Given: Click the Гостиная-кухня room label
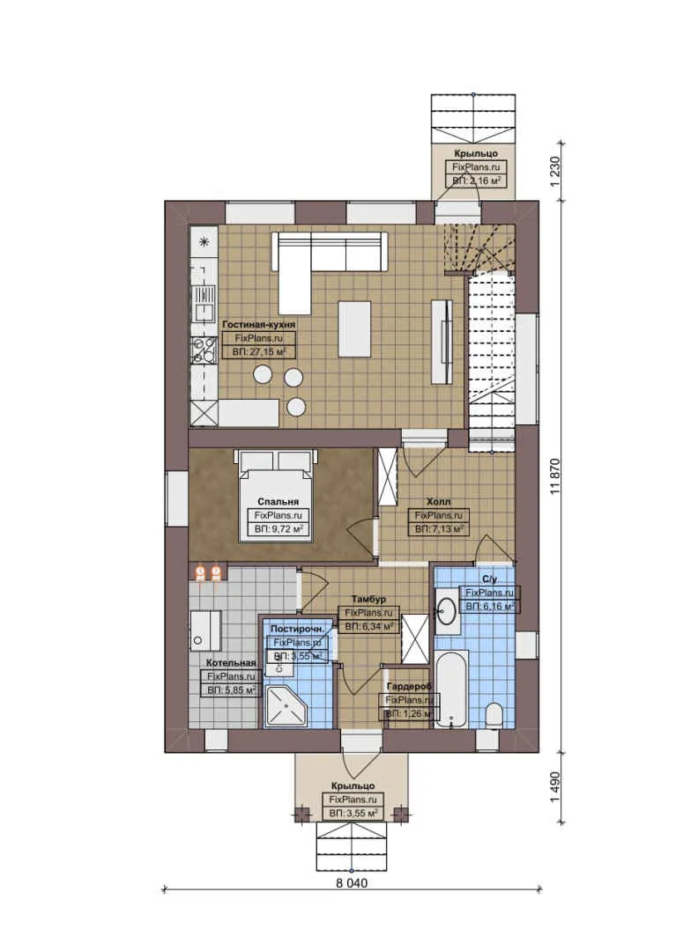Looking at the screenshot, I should [x=258, y=324].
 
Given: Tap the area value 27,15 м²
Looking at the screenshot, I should [x=258, y=351].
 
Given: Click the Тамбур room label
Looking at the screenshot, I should [x=369, y=599].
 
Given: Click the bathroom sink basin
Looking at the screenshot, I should [x=448, y=610].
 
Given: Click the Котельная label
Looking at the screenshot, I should [x=231, y=662].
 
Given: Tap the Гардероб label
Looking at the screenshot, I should [x=409, y=686].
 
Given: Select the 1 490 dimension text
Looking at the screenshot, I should [x=554, y=786].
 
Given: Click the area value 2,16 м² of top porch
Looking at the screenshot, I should [x=477, y=180].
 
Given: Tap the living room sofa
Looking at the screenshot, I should [x=328, y=254].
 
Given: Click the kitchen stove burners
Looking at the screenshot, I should [x=204, y=351].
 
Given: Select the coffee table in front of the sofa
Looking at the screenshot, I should [x=354, y=317].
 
